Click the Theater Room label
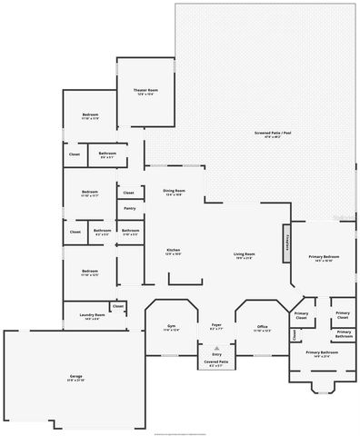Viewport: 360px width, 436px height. [146, 91]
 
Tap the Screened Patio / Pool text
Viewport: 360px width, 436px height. [267, 134]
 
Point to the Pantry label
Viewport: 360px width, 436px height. [129, 209]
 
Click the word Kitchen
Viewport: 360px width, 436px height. [173, 250]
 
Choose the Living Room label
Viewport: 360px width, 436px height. [244, 254]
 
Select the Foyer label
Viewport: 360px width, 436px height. [216, 324]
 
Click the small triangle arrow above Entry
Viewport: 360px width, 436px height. [216, 347]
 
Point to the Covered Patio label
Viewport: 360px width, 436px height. [216, 362]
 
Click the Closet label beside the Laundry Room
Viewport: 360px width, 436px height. [118, 307]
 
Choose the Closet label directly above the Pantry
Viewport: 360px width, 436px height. [129, 193]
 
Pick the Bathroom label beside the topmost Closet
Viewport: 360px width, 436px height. [106, 154]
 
